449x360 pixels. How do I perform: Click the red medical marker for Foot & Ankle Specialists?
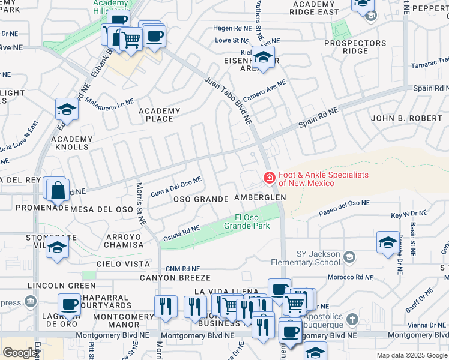point(270,178)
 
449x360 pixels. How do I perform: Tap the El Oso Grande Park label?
point(247,221)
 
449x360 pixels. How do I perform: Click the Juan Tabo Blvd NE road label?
point(228,100)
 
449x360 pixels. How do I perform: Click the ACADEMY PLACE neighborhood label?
point(159,115)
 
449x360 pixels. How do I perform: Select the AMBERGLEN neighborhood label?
point(259,197)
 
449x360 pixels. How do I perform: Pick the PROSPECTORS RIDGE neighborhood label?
point(355,47)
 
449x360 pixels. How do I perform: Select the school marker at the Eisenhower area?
point(262,58)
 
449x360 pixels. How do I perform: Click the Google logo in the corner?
point(20,352)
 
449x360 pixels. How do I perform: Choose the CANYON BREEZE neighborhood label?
point(175,278)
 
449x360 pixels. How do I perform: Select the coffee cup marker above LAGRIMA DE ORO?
point(70,304)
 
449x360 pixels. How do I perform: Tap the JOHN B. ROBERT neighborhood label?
point(406,118)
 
